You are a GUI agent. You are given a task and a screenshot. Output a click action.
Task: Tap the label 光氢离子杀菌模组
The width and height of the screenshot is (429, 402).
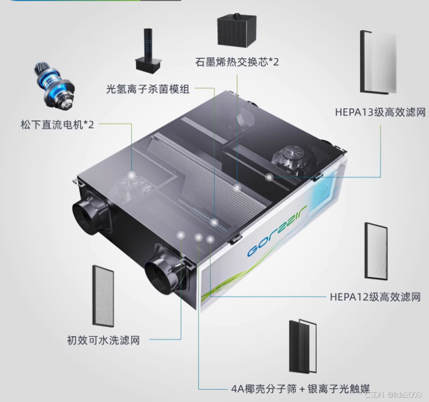coord(148,89)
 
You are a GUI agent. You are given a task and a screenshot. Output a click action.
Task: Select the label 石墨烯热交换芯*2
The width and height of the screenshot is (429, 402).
coord(237,62)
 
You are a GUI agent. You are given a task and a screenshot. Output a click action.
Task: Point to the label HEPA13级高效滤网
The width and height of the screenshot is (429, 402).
coord(380,112)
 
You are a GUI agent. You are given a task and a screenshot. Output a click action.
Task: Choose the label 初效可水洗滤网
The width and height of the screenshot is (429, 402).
coord(103,340)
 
